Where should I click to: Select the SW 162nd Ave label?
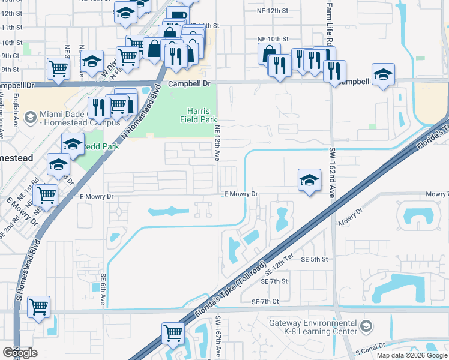pos(331,174)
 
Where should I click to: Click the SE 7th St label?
pos(274,281)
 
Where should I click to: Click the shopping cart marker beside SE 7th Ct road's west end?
pos(38,307)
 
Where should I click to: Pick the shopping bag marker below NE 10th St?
pos(269,54)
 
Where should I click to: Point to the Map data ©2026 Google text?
pos(412,355)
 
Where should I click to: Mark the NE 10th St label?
pos(273,38)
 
